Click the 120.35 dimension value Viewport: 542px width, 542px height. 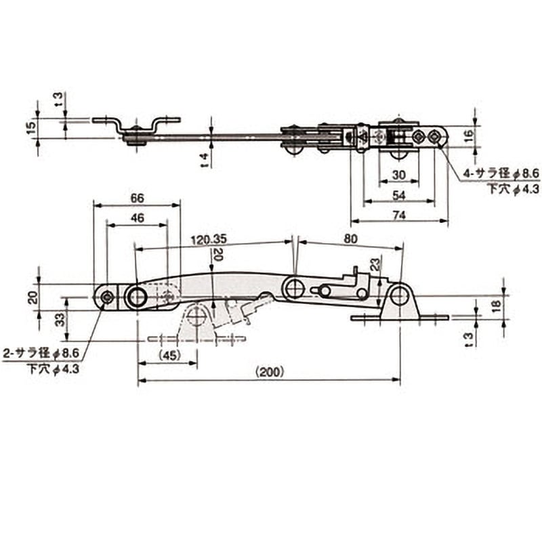(208, 239)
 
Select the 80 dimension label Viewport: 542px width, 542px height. (350, 238)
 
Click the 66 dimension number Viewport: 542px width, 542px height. (137, 198)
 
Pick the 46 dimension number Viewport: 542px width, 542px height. (137, 219)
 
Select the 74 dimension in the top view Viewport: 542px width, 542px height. (399, 215)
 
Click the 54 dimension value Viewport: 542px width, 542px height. (399, 195)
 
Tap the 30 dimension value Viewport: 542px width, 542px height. (399, 175)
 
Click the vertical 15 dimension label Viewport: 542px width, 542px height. (30, 127)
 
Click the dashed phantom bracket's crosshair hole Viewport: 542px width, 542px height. (197, 316)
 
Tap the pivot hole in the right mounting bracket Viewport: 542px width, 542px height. (399, 296)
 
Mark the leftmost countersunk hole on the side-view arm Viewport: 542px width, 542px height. (106, 296)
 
